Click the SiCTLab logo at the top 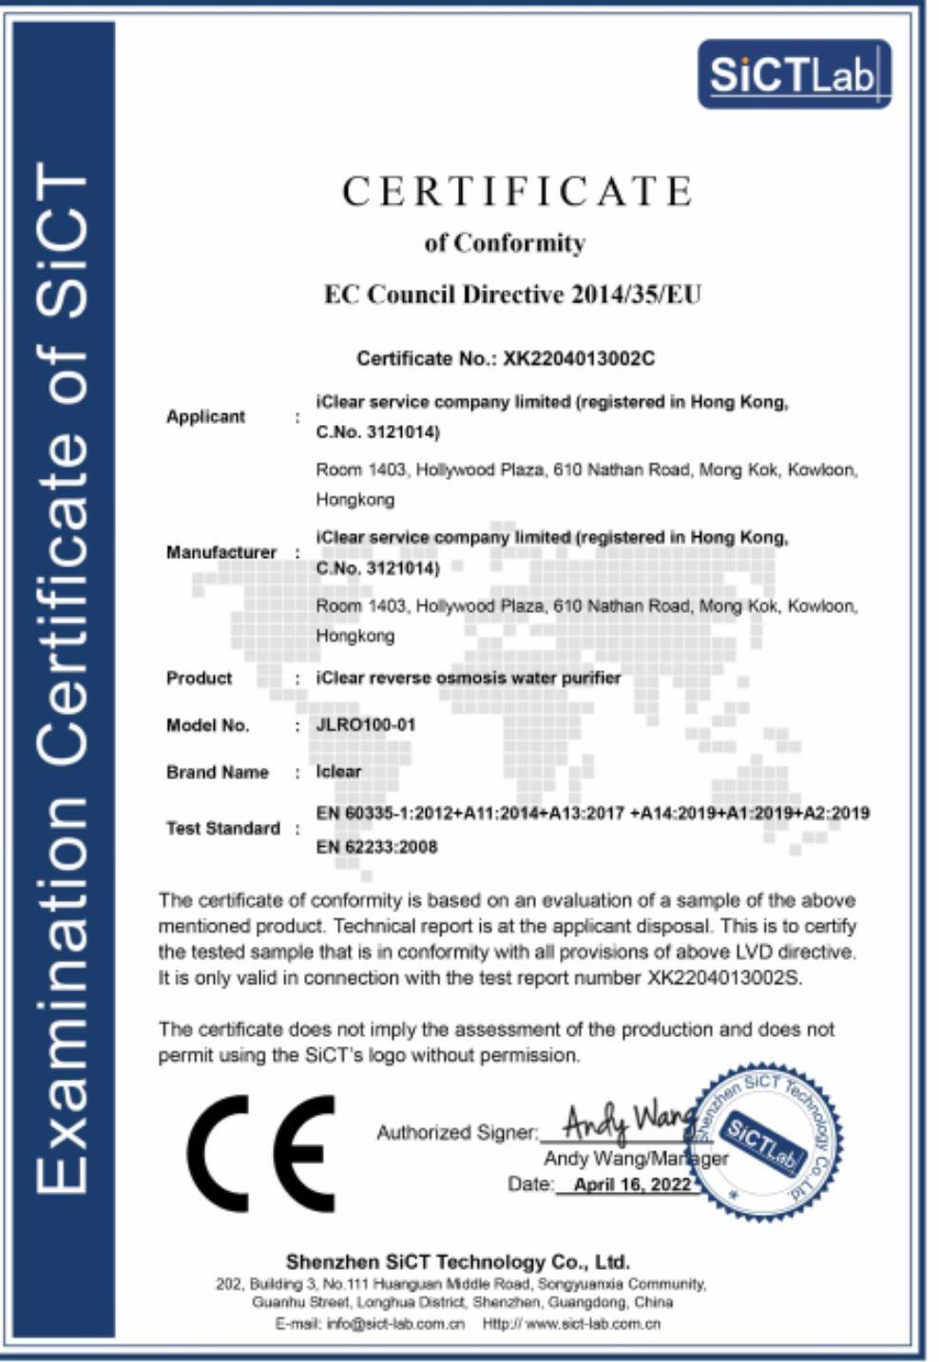point(794,74)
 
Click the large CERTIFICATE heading point(517,191)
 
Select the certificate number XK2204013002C point(579,358)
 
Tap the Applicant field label point(205,416)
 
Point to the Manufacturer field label point(220,552)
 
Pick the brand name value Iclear point(338,771)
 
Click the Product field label point(199,678)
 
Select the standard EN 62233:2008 point(376,847)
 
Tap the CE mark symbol point(261,1153)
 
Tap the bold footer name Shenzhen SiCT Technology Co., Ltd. point(457,1262)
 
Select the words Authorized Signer point(456,1132)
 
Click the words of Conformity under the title point(505,243)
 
